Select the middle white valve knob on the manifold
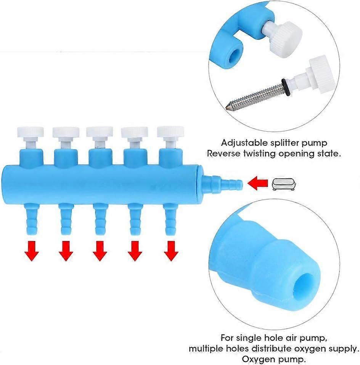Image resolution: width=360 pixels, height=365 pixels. [100, 132]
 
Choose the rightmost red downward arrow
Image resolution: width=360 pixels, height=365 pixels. [170, 252]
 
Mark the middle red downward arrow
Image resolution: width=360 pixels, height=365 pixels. [100, 252]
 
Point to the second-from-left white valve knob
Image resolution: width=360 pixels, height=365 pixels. [66, 132]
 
